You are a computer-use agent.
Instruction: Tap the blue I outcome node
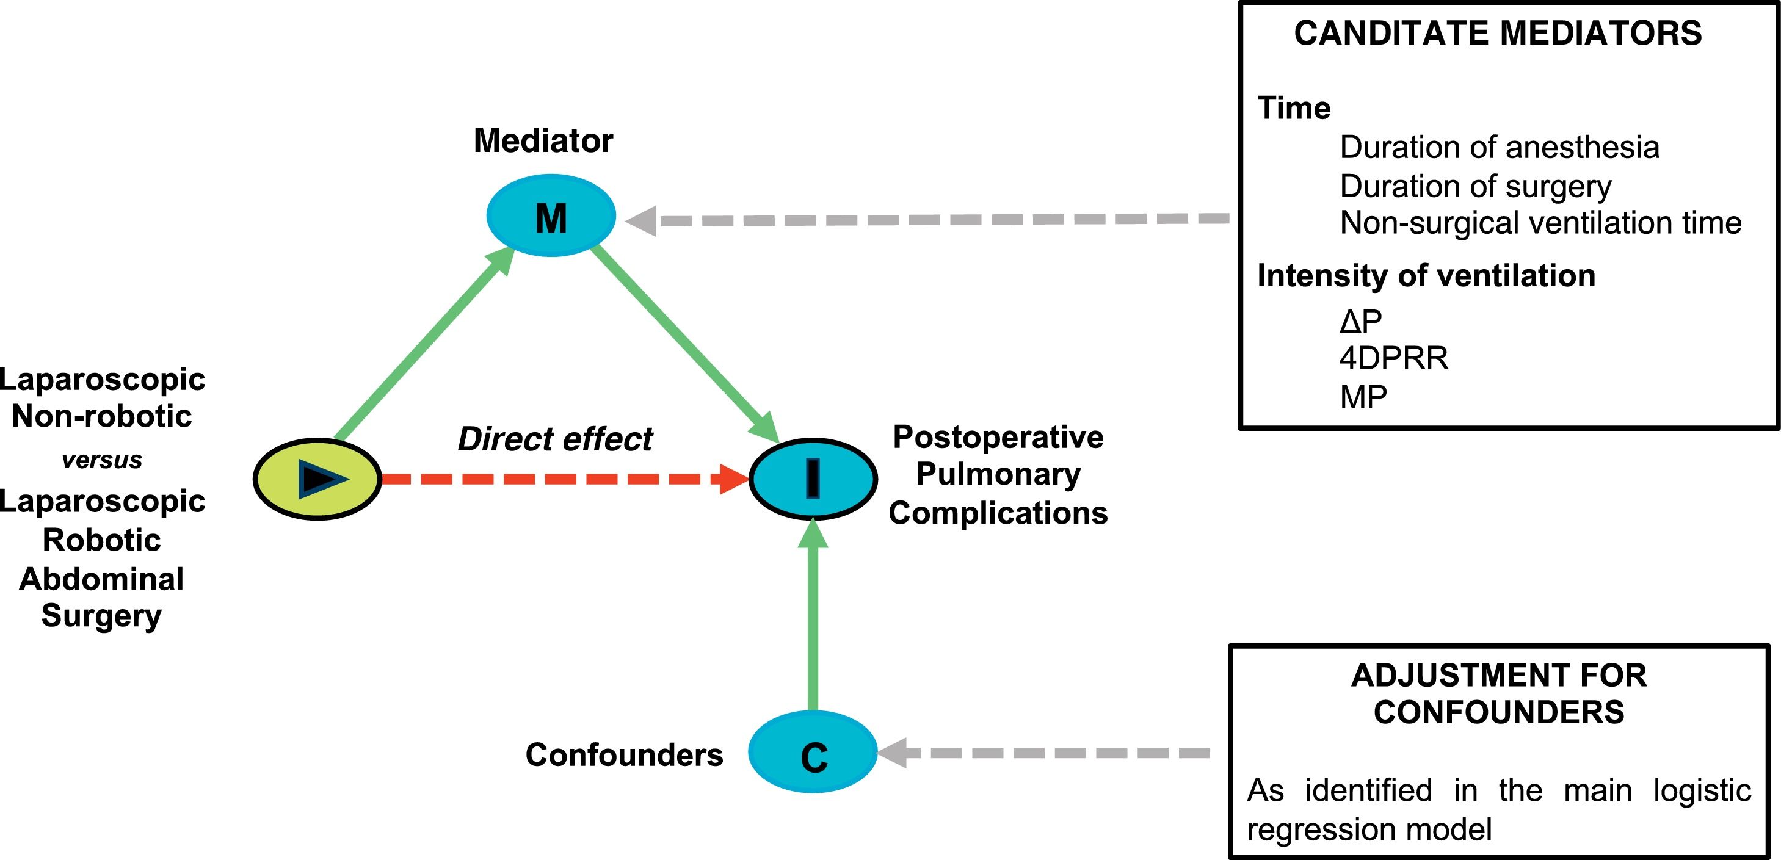pos(813,479)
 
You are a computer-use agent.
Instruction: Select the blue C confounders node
pos(813,752)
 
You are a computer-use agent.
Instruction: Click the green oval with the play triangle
pos(318,479)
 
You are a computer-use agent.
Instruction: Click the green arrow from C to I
pos(813,622)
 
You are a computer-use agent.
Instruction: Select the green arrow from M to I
pos(684,343)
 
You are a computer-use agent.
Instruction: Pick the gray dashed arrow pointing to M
pos(926,220)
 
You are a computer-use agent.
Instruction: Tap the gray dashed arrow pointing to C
pos(1044,753)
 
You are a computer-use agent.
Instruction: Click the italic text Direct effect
pos(554,439)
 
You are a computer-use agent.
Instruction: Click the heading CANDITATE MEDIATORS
pos(1498,33)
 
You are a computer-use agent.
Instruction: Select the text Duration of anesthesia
pos(1499,147)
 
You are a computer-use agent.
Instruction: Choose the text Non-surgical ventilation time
pos(1540,223)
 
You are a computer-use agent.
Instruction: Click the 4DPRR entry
pos(1393,358)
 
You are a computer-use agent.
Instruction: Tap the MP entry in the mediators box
pos(1363,397)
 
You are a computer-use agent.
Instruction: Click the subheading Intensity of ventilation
pos(1426,275)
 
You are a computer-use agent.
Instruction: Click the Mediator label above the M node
pos(543,140)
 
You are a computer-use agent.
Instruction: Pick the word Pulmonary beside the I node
pos(998,474)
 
